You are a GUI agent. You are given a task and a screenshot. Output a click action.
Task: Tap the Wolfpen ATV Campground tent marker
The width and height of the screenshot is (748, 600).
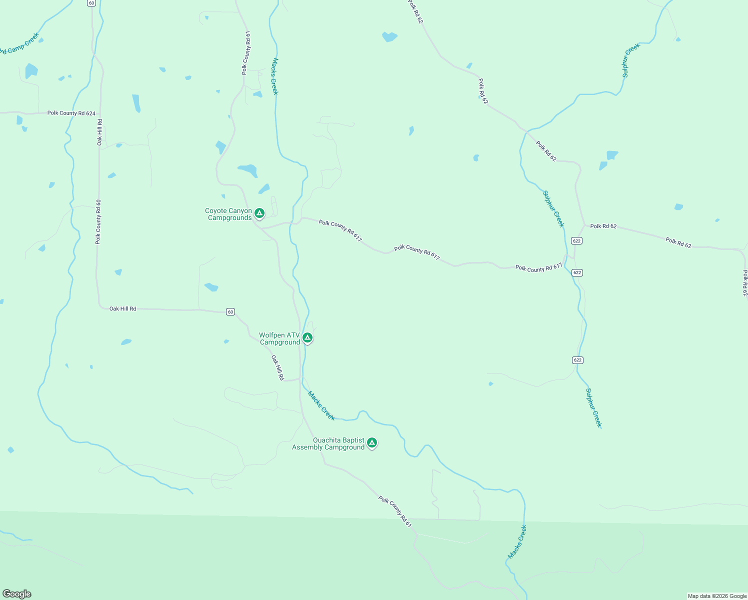[x=307, y=338]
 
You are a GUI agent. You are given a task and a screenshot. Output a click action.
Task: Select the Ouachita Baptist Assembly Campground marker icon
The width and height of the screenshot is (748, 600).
[x=371, y=443]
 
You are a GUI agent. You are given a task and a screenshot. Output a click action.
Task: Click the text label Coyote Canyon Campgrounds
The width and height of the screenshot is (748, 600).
[x=229, y=214]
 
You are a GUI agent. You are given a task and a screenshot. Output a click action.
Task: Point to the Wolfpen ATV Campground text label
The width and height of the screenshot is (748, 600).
[x=279, y=339]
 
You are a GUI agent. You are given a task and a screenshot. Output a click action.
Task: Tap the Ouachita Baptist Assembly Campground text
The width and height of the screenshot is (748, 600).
[x=328, y=444]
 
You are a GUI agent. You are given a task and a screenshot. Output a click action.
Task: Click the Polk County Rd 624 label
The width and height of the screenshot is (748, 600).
[x=71, y=113]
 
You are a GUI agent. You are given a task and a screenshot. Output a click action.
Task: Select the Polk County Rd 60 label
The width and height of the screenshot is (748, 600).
[x=98, y=221]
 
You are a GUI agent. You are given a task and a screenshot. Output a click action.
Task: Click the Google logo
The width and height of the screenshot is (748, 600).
[x=17, y=594]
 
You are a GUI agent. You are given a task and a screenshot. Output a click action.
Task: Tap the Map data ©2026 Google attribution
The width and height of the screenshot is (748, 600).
[x=716, y=596]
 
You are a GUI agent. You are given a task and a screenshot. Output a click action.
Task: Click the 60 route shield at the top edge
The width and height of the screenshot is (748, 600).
[x=90, y=3]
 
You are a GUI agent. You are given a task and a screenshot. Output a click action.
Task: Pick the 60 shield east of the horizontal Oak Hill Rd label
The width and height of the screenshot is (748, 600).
[x=230, y=312]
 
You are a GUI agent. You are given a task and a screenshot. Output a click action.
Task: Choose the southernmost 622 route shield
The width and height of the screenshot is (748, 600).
[x=577, y=360]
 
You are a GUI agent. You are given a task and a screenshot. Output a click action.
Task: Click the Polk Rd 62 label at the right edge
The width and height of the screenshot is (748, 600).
[x=745, y=283]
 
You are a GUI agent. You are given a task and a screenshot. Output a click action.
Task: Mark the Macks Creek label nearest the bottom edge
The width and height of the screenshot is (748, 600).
[x=517, y=541]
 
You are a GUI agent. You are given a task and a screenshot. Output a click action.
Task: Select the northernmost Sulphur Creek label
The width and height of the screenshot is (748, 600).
[x=631, y=60]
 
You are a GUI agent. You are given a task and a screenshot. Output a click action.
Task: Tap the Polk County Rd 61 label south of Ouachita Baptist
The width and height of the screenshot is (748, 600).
[x=395, y=511]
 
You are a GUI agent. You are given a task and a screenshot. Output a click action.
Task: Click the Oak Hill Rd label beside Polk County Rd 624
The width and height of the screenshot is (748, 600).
[x=100, y=132]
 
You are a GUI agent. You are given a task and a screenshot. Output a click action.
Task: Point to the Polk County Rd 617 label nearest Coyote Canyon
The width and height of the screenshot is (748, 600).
[x=340, y=231]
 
